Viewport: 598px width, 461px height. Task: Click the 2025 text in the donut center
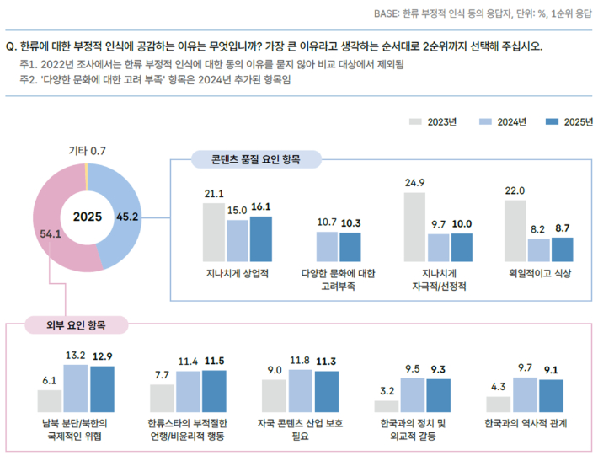87,217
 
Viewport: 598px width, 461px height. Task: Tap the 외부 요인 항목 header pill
75,324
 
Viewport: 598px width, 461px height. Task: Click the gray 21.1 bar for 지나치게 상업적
214,232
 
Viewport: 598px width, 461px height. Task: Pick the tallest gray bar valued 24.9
414,227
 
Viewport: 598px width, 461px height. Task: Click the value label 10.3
350,222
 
